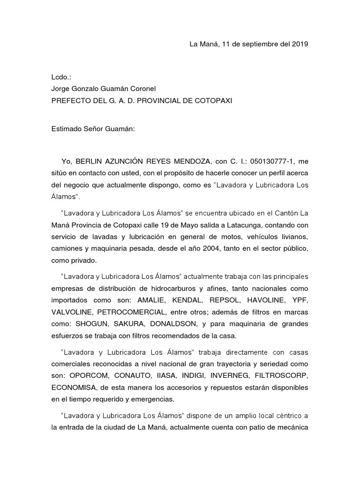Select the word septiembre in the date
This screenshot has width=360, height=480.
257,45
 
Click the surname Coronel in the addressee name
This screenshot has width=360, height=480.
142,89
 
